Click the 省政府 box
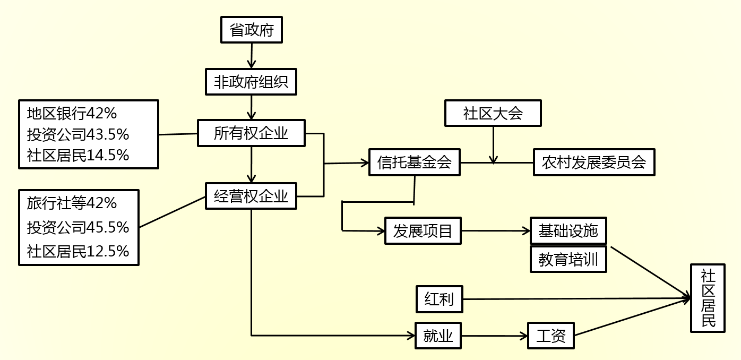tap(251, 30)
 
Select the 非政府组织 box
tap(251, 82)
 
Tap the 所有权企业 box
tap(251, 133)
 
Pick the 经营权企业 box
tap(251, 196)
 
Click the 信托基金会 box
tap(414, 162)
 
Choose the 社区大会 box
tap(493, 113)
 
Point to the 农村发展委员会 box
tap(593, 162)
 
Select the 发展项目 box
tap(423, 231)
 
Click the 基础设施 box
tap(568, 230)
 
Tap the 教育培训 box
tap(568, 259)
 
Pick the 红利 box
tap(439, 299)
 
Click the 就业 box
tap(438, 336)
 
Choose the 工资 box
tap(551, 336)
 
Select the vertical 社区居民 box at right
tap(708, 298)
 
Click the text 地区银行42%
tap(72, 113)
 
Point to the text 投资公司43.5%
tap(78, 134)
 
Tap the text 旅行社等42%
tap(72, 203)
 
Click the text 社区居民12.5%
tap(78, 251)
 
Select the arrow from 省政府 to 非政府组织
tap(251, 56)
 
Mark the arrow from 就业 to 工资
tap(494, 336)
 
